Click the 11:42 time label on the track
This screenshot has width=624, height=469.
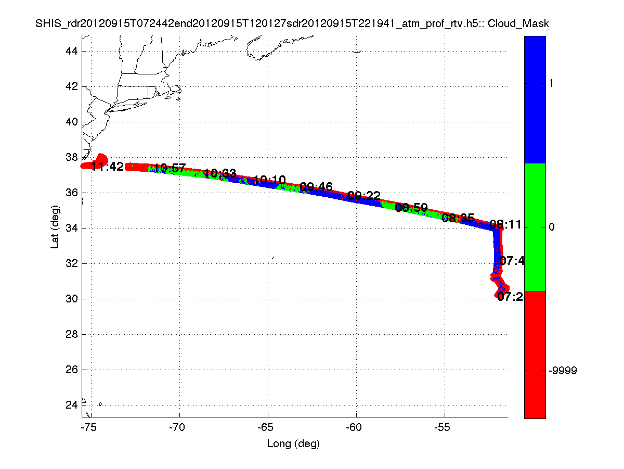[x=108, y=167]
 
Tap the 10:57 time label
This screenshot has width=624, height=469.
[x=170, y=168]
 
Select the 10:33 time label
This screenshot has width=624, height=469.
[x=220, y=173]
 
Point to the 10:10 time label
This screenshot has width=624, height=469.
[x=269, y=181]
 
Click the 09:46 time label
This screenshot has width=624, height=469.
[x=316, y=187]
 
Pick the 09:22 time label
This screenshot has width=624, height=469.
[x=364, y=196]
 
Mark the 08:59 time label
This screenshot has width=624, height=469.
[x=411, y=208]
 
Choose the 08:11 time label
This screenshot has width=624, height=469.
[x=505, y=225]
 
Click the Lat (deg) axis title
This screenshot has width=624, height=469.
[x=55, y=227]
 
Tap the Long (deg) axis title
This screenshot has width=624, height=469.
[x=293, y=444]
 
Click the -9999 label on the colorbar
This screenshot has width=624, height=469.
[x=563, y=370]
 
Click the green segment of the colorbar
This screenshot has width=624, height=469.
[x=535, y=227]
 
